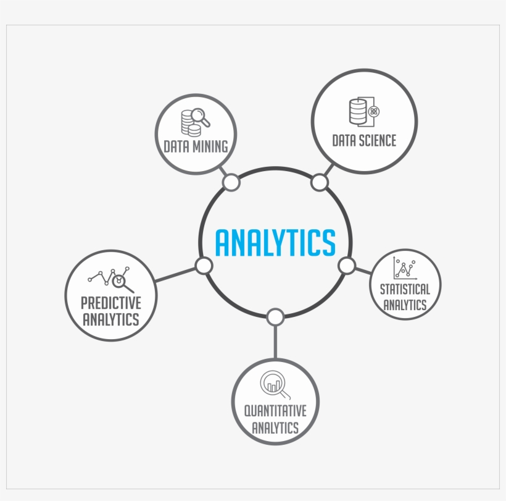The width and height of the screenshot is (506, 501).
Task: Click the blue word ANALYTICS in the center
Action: point(275,243)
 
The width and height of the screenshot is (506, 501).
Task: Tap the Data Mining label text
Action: point(196,146)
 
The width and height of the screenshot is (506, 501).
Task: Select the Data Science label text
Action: point(364,140)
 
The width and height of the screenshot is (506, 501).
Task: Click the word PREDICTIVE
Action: point(111,303)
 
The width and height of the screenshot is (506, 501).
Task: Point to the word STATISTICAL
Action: point(405,290)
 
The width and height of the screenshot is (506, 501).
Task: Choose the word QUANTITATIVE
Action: point(275,411)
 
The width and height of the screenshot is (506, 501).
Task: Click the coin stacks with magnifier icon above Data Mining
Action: point(195,122)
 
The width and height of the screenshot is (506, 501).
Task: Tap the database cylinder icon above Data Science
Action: point(364,111)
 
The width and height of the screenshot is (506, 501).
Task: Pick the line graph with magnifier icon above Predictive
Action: point(110,280)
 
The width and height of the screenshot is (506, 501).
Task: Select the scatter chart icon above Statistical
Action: point(405,268)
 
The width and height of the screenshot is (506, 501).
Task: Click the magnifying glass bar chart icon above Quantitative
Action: point(275,385)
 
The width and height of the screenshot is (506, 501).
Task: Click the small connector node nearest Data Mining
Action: point(231,182)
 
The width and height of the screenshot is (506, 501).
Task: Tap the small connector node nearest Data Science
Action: point(320,182)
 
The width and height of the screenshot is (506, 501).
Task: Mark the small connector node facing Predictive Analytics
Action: point(204,266)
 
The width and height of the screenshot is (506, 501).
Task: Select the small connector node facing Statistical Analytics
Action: point(347,266)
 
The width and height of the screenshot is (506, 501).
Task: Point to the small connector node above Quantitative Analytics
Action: point(275,317)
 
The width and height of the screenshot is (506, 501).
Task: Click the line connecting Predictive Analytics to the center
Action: point(175,275)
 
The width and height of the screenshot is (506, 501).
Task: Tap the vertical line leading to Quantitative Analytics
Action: point(275,342)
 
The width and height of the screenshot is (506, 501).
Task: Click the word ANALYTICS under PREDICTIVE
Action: point(111,319)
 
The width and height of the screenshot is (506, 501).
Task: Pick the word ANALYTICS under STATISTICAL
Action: point(405,305)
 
